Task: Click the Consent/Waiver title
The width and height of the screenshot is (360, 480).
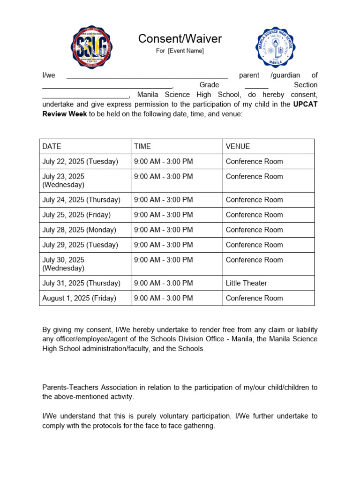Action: point(180,39)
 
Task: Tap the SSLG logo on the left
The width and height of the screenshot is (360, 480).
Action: point(91,47)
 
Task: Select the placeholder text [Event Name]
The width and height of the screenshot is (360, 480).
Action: point(186,51)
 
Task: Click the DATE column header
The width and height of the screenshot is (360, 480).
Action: point(52,146)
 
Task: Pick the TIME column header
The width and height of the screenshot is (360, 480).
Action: point(142,146)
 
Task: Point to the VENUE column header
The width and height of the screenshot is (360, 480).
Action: point(238,146)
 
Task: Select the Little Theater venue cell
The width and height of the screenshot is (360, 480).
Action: point(246,283)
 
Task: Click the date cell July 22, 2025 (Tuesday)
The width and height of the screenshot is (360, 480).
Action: point(80,161)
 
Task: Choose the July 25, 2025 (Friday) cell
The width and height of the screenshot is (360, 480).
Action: point(76,215)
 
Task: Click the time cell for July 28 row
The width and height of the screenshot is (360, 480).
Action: point(163,230)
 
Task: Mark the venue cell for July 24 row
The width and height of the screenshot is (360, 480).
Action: point(254,200)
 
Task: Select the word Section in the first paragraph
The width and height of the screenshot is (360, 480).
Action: point(305,85)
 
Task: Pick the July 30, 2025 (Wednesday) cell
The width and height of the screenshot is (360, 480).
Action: point(63,264)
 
